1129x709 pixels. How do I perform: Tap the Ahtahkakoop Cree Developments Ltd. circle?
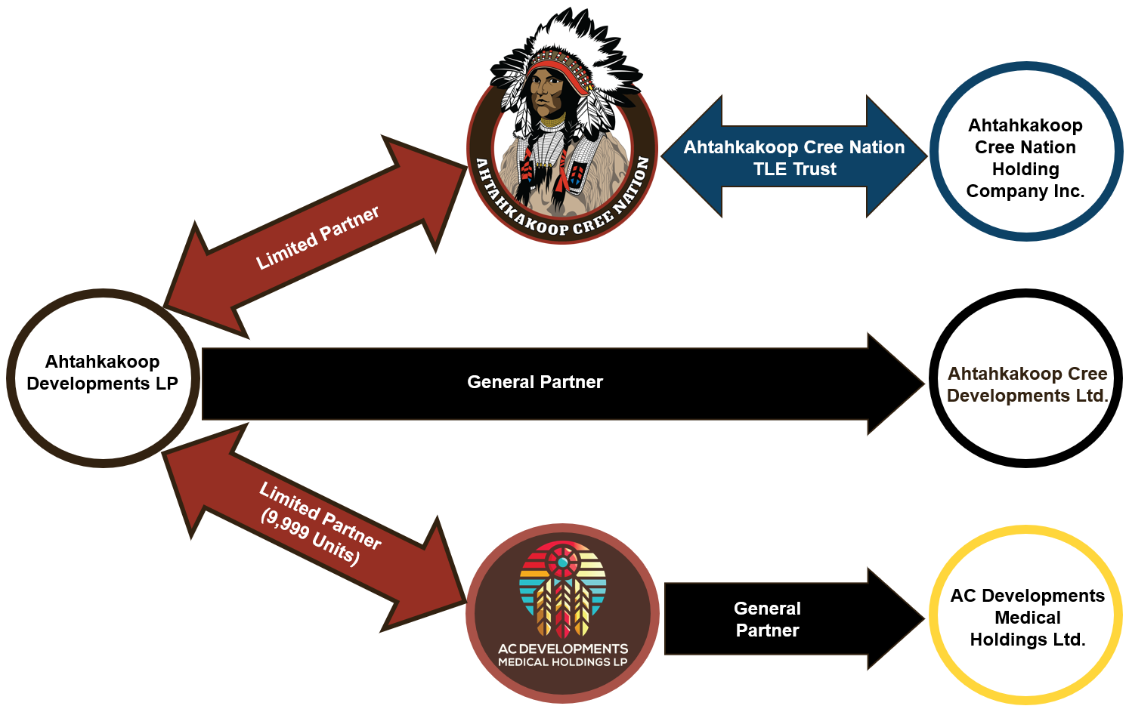click(1026, 430)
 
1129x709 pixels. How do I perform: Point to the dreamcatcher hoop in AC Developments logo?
click(562, 563)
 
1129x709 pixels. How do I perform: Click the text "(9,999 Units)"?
click(309, 538)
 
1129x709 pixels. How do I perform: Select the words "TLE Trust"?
click(794, 169)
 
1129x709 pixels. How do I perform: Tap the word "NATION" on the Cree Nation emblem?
click(630, 186)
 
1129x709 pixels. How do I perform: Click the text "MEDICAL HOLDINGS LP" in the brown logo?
click(562, 662)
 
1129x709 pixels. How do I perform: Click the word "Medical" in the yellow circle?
click(1027, 618)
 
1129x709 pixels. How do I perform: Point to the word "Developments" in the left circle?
click(88, 384)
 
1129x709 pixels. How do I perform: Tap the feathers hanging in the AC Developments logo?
click(562, 608)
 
